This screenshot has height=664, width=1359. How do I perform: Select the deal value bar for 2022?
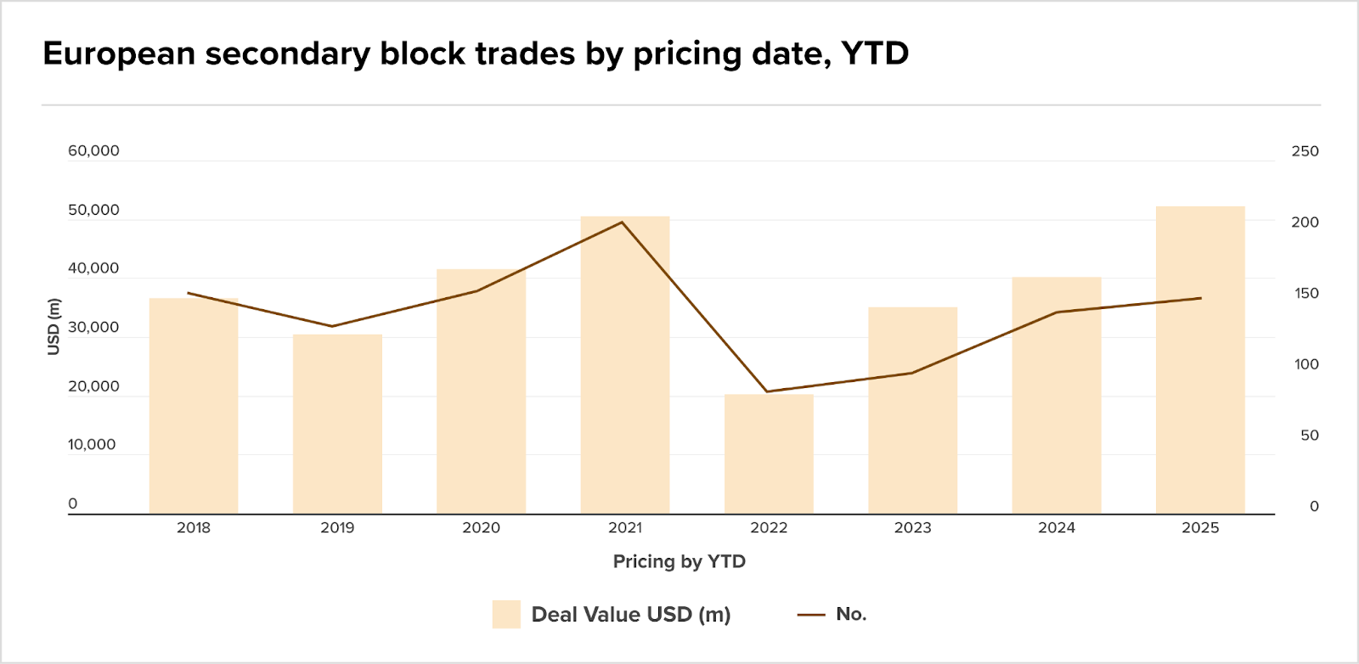[x=769, y=454]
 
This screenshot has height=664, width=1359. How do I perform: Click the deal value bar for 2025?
[x=1200, y=360]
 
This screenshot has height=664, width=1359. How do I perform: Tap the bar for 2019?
[x=337, y=424]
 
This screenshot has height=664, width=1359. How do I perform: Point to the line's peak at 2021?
[x=622, y=222]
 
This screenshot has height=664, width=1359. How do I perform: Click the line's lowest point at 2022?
[x=767, y=391]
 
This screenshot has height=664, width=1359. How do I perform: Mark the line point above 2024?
[x=1057, y=312]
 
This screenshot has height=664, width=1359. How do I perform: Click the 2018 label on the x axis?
[x=194, y=527]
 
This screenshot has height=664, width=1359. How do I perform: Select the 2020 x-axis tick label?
[x=481, y=527]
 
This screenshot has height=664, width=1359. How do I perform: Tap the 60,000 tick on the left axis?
[x=93, y=151]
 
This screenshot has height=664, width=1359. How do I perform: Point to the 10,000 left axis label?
[x=92, y=445]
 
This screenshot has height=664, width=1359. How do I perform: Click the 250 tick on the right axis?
[x=1305, y=151]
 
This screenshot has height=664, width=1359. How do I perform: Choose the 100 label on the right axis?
[x=1306, y=364]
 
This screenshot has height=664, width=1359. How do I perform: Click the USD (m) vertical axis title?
[x=54, y=327]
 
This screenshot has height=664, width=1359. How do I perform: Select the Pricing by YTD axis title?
[x=679, y=561]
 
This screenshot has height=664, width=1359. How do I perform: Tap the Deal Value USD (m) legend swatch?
[x=506, y=614]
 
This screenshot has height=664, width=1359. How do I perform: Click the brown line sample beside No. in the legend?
[x=811, y=615]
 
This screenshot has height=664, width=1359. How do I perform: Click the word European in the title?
[x=118, y=53]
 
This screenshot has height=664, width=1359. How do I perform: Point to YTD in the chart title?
[x=875, y=53]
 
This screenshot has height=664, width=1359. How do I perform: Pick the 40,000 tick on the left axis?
[x=93, y=268]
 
